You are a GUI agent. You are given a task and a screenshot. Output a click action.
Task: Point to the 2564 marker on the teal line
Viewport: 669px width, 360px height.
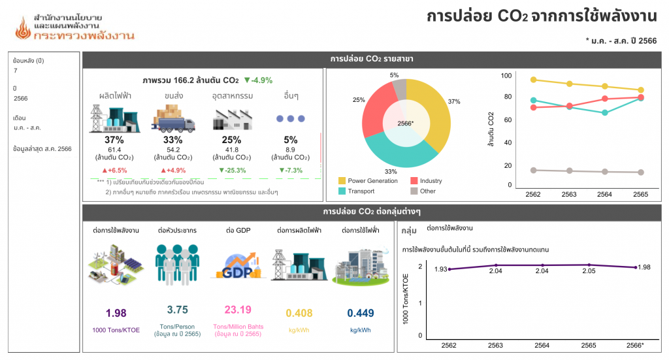[605, 112]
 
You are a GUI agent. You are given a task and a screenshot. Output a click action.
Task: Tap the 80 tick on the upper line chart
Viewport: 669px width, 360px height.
[506, 97]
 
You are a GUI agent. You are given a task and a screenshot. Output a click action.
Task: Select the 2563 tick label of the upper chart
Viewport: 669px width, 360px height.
[569, 194]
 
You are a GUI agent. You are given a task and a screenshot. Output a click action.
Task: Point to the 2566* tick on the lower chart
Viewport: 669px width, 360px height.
[634, 345]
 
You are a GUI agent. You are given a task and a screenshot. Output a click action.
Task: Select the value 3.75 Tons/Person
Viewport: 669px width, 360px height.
[178, 310]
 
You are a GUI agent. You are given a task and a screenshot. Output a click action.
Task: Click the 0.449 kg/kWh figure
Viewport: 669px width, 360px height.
[360, 312]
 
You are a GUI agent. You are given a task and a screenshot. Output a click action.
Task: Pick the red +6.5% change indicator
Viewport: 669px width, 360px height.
[114, 171]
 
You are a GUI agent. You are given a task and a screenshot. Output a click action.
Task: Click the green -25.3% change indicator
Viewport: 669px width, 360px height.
[233, 171]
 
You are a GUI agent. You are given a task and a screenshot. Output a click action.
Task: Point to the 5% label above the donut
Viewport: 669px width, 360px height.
[395, 75]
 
